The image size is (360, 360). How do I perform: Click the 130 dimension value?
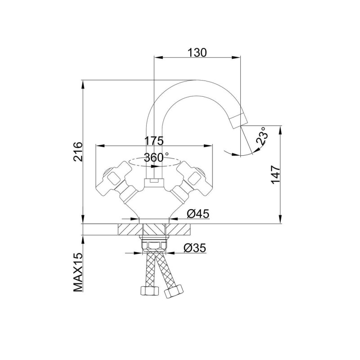[x=197, y=52]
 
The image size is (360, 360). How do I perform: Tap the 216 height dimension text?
[x=78, y=152]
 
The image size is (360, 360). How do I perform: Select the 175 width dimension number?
[x=154, y=141]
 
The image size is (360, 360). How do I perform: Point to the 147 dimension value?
[x=276, y=175]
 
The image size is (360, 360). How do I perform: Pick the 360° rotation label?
[x=156, y=157]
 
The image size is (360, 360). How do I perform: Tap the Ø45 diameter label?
[x=198, y=214]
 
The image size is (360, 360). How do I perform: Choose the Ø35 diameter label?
[x=195, y=248]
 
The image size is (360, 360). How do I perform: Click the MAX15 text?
[x=78, y=272]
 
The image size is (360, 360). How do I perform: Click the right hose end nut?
[x=174, y=291]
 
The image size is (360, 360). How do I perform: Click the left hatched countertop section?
[x=130, y=229]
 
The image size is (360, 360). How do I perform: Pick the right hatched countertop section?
[x=178, y=229]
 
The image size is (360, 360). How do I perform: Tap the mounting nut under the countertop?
[x=154, y=244]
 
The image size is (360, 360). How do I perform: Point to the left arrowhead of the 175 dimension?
[x=100, y=146]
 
